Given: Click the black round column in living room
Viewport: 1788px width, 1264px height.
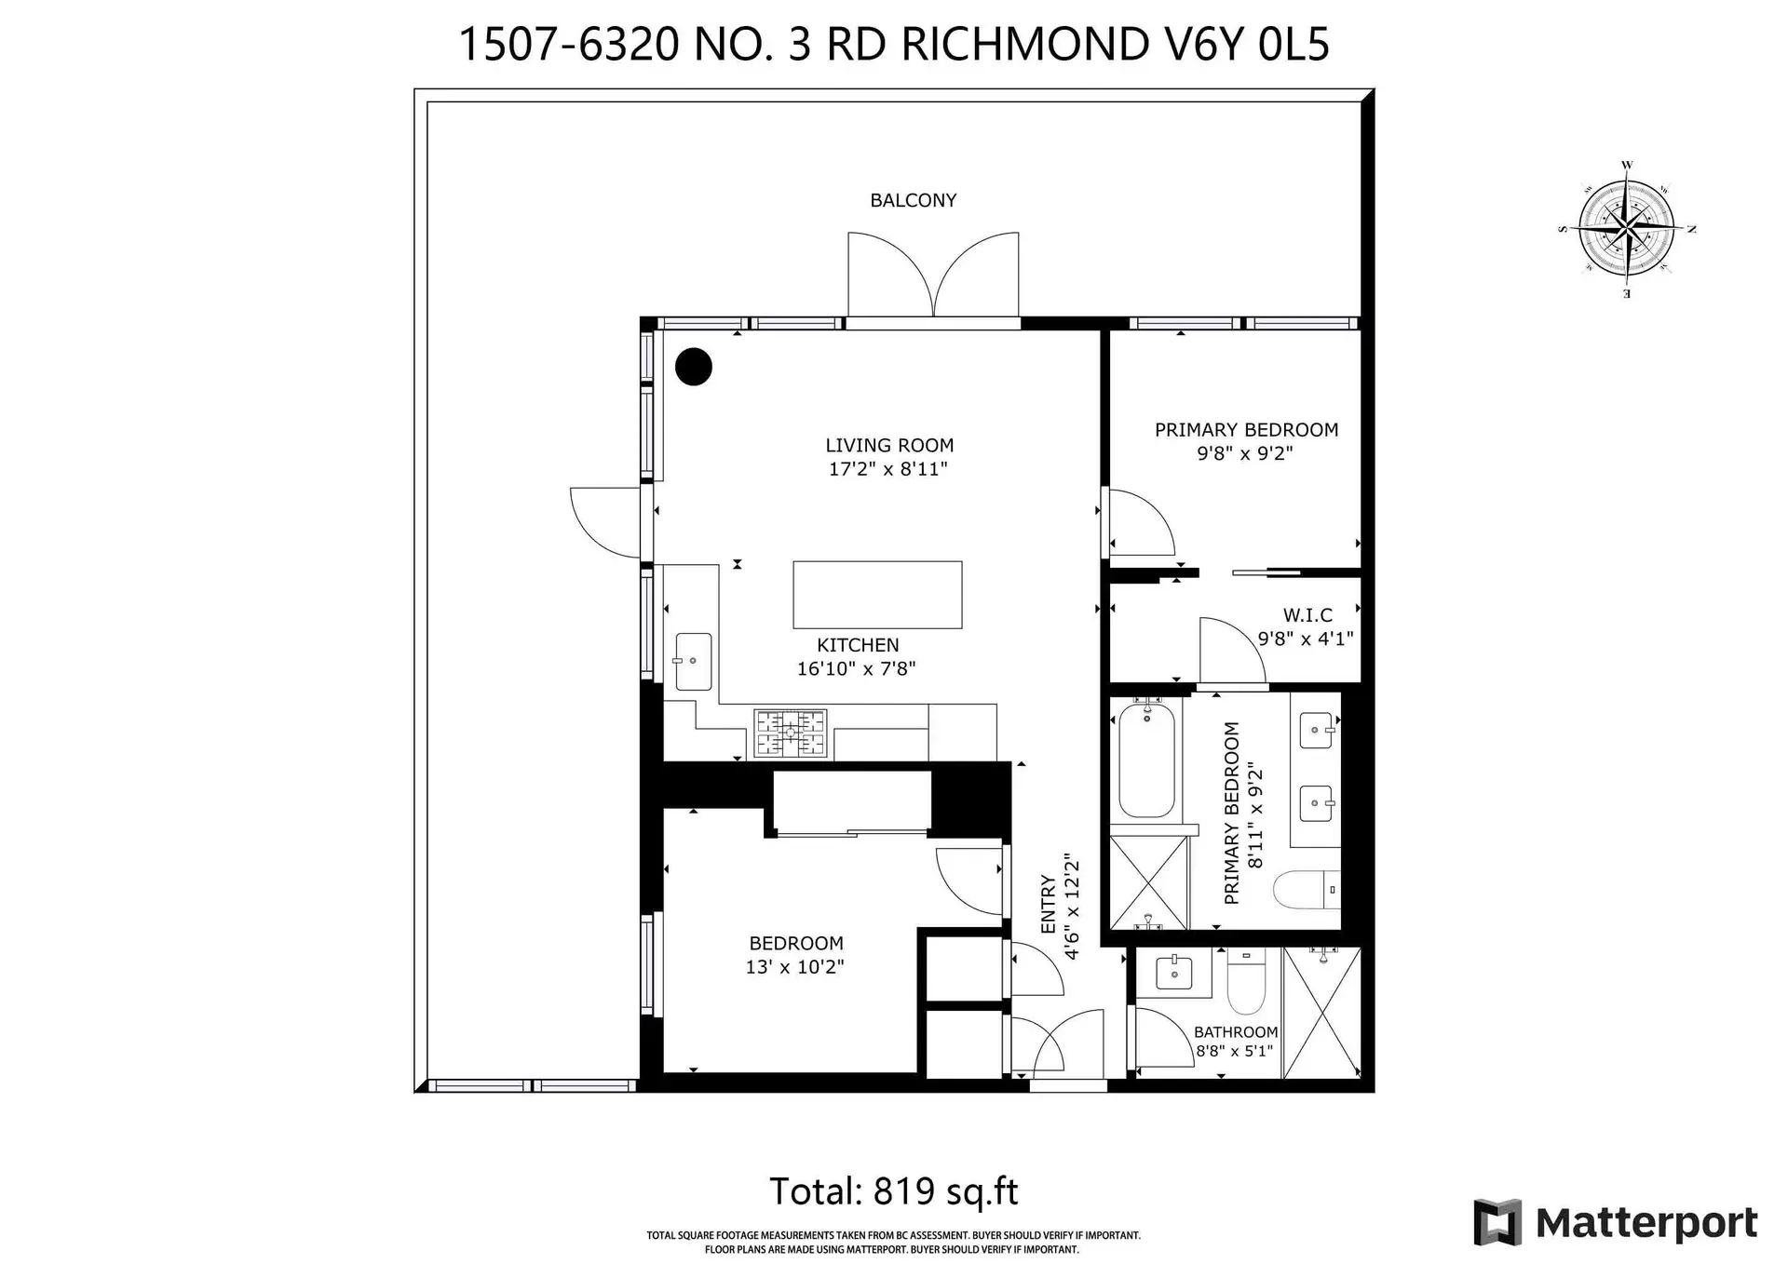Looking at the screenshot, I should coord(693,367).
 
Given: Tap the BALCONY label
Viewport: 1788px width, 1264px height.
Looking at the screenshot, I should coord(913,200).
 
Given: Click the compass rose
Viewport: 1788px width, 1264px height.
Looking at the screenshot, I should coord(1626,229).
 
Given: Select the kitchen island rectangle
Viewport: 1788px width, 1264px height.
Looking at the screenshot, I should coord(876,595).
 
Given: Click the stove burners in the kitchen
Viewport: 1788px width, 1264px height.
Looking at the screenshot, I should coord(790,733).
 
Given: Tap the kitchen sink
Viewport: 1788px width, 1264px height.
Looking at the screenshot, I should coord(693,662).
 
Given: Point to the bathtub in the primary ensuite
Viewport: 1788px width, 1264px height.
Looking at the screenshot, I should coord(1146,760).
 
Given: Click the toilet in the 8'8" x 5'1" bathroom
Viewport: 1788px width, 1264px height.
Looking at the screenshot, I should coord(1245,984).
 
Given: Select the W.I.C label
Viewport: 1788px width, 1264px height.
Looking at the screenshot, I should coord(1307,615).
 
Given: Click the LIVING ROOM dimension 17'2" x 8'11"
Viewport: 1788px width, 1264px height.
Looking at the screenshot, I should coord(887,469).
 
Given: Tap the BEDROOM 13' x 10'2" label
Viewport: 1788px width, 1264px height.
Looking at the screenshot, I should coord(795,955).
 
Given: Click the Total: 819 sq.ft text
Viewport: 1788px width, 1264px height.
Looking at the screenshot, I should coord(893,1191).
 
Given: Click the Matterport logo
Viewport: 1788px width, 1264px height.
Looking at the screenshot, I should coord(1616,1222).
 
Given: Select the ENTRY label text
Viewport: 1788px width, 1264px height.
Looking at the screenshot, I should coord(1049,905).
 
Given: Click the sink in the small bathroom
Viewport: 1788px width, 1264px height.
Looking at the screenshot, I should coord(1173,974).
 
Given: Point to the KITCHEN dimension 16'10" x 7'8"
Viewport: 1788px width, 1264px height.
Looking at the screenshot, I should coord(856,668).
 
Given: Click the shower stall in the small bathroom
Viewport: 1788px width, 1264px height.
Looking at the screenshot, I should coord(1321,1013).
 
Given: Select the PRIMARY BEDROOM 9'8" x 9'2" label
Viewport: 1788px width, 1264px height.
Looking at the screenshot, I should coord(1246,441).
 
